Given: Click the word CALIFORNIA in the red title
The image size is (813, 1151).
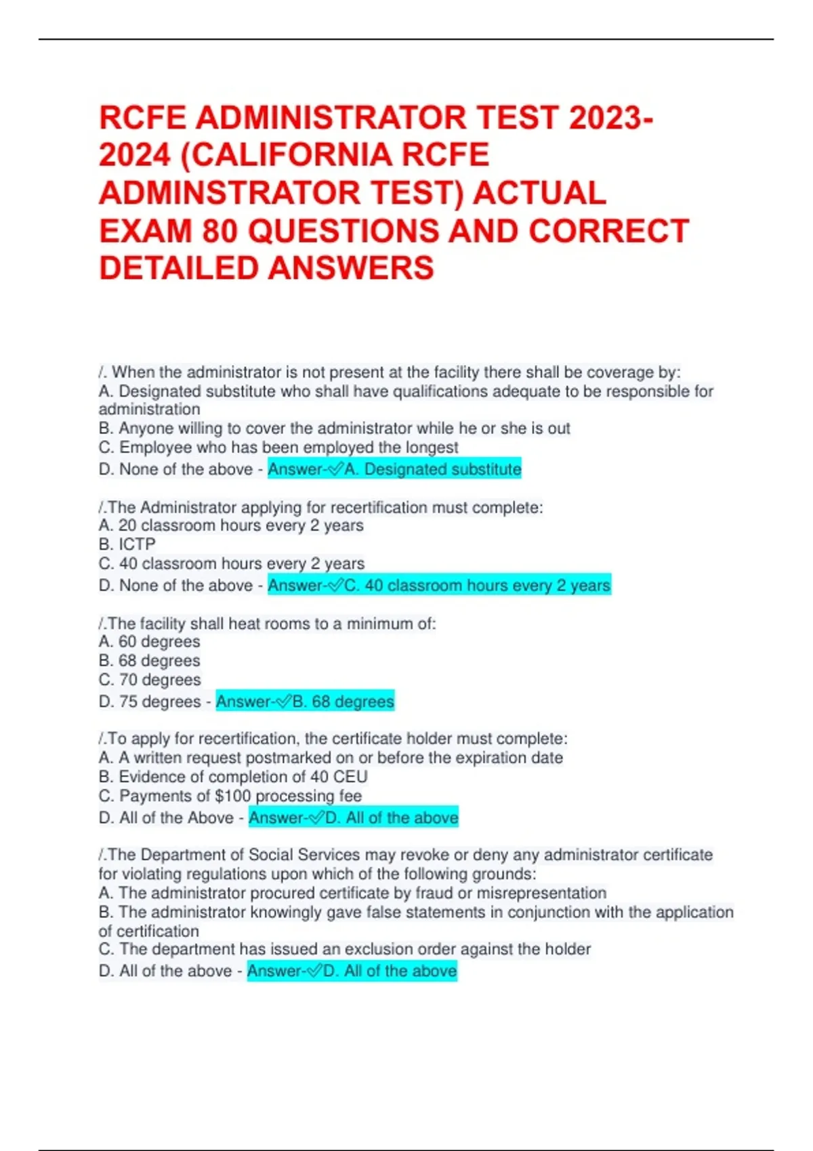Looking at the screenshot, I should (296, 155).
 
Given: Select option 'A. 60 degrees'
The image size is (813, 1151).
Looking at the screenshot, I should (150, 642).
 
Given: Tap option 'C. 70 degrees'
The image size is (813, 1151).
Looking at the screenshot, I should (150, 680).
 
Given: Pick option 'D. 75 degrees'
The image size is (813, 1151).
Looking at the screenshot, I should (150, 701).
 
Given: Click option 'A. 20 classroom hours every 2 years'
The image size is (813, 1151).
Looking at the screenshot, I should (231, 525).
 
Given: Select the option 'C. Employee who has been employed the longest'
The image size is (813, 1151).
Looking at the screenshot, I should (278, 448).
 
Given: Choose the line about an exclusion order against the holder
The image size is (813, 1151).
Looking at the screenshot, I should (345, 949).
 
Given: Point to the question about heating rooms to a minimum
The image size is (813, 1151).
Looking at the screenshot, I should (268, 624).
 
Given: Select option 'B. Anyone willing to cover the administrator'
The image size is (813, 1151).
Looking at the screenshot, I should (335, 429).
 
